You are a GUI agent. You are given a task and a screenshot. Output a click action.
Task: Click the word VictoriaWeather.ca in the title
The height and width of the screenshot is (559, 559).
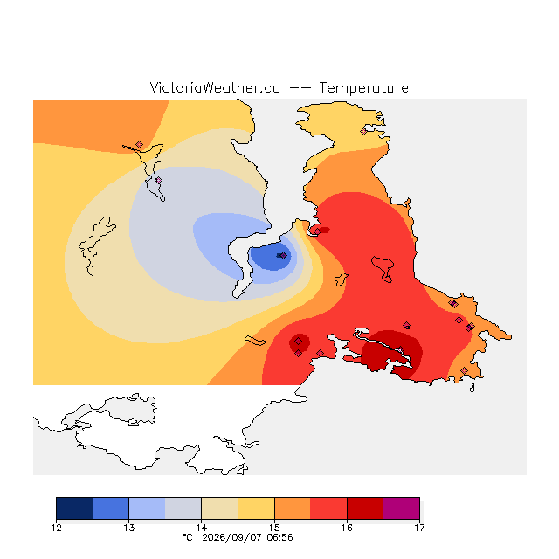pos(215,87)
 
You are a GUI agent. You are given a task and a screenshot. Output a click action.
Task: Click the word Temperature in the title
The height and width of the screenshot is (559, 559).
pos(363,87)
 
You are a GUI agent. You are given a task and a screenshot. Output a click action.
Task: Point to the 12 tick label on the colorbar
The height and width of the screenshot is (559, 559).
pos(56,528)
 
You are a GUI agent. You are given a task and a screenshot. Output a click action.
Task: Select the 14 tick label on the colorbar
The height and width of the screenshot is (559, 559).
pos(202,528)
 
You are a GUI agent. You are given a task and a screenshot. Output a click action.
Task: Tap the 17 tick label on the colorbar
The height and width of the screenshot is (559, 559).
pos(419,528)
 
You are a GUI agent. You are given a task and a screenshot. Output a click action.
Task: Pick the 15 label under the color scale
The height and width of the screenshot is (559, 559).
pos(274,528)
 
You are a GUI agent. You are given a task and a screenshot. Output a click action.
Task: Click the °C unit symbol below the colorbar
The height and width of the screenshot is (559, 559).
pos(188,538)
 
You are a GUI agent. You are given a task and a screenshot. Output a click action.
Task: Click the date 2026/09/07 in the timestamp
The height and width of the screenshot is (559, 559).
pos(231,538)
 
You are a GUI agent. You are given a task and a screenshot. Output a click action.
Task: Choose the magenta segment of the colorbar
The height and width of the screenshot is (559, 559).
pos(401,508)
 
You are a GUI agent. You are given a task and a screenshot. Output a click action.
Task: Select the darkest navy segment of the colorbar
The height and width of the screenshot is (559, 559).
pos(74,508)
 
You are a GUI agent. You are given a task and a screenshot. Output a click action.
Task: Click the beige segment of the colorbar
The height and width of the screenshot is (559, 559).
pos(219,508)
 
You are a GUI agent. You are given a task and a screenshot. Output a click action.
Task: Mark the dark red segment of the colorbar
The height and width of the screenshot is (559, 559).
pos(365,508)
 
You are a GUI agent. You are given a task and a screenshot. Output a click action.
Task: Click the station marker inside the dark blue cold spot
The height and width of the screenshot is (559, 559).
pos(283,256)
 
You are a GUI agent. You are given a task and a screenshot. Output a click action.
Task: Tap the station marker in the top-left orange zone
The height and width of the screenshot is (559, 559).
pos(140,144)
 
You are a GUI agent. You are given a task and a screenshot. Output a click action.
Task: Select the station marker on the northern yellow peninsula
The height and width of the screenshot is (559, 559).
pos(363,132)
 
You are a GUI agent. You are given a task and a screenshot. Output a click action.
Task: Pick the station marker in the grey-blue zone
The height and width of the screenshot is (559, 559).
pos(159,181)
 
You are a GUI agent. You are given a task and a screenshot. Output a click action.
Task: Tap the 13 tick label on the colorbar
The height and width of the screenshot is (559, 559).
pos(129,528)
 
